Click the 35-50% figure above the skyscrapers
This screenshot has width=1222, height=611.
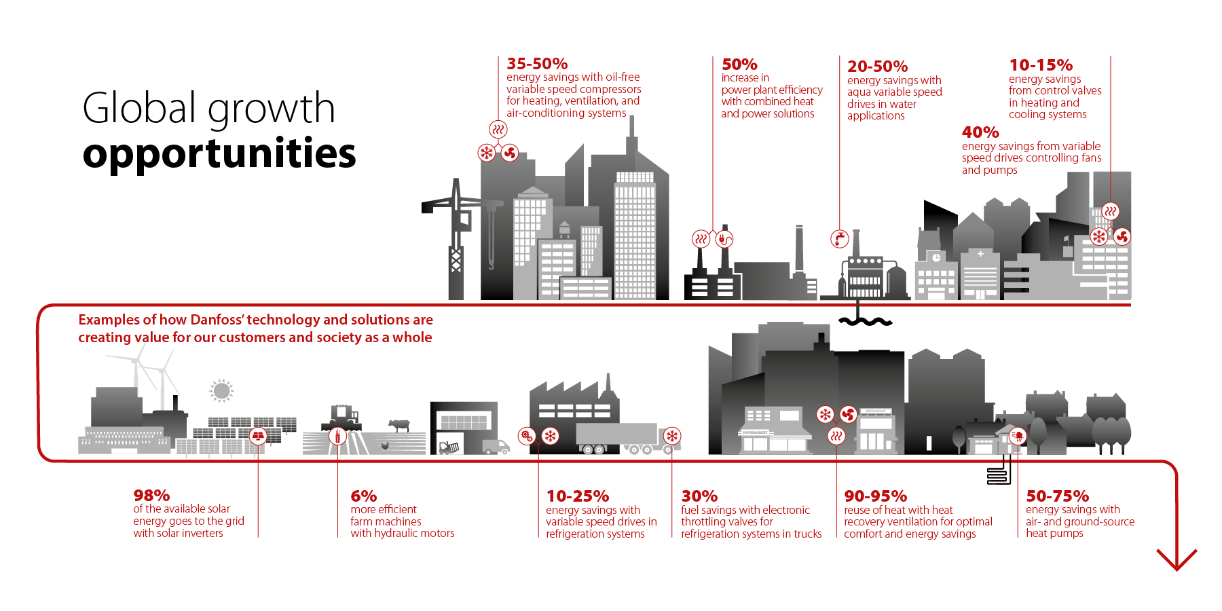click(536, 64)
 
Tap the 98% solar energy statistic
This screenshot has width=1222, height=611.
click(151, 496)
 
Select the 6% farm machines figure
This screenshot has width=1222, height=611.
click(363, 496)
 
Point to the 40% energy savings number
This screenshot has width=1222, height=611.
click(980, 132)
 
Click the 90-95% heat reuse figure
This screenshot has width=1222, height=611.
click(875, 496)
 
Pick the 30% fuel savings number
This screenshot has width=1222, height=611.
click(699, 496)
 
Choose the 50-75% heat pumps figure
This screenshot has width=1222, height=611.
click(1057, 496)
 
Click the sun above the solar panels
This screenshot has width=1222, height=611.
click(221, 390)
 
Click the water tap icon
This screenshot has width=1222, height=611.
click(840, 238)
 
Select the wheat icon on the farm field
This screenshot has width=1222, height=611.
click(337, 436)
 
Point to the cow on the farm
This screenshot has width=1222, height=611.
click(399, 425)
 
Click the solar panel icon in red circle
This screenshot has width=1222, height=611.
click(258, 435)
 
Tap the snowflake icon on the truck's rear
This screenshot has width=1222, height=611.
click(672, 436)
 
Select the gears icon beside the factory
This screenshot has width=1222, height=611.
click(527, 436)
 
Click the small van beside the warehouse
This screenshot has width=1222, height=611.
click(496, 447)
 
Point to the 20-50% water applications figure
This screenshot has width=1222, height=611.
click(877, 67)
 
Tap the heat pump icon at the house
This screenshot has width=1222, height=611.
click(1017, 436)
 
